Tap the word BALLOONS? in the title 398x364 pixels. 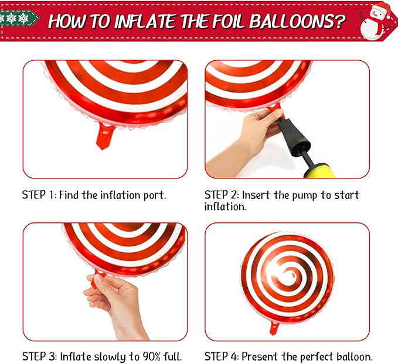click(x=297, y=21)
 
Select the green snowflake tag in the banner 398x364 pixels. click(x=18, y=18)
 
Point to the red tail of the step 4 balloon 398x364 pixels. click(x=274, y=328)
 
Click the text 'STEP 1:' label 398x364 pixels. click(x=39, y=195)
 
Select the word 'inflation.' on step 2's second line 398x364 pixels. click(x=226, y=207)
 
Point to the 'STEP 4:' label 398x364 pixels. click(x=222, y=356)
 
